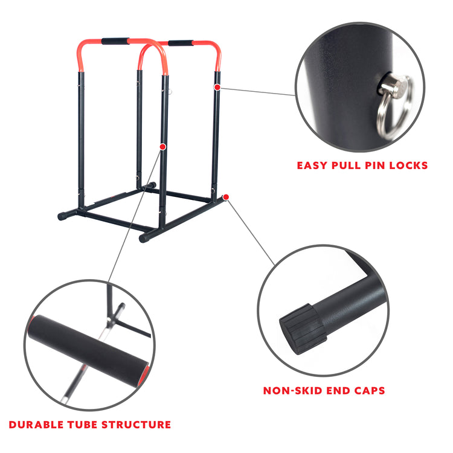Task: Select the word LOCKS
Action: pos(408,165)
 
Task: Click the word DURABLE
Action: pos(36,425)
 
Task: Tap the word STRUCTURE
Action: pos(136,425)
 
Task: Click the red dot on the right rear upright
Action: pos(217,87)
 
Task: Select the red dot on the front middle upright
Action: pos(162,147)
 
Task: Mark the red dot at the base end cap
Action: pos(226,197)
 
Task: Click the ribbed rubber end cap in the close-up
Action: pos(303,329)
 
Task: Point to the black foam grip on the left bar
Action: pos(115,41)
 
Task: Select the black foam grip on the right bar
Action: pos(181,43)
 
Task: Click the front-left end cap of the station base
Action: pos(62,216)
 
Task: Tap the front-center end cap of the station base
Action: pos(144,238)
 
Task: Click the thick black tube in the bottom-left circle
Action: pos(86,350)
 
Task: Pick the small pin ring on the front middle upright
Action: pos(170,92)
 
